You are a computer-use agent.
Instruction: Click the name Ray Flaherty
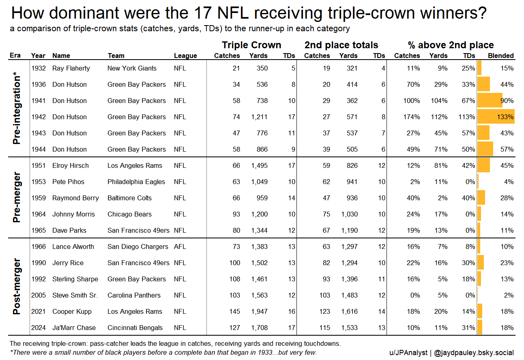[x=71, y=68]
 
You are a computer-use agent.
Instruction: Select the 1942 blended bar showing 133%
[x=496, y=117]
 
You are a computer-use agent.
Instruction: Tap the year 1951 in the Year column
[x=39, y=165]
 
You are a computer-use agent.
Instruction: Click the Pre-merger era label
[x=17, y=197]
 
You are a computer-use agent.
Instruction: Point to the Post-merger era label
[x=17, y=287]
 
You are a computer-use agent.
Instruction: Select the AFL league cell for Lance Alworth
[x=180, y=246]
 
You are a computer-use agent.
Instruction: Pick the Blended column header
[x=500, y=56]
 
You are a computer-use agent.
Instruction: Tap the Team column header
[x=116, y=56]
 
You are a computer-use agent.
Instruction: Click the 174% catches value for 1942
[x=412, y=117]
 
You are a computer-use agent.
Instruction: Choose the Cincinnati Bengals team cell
[x=135, y=328]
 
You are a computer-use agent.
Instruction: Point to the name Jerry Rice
[x=68, y=263]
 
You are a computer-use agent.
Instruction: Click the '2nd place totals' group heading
[x=341, y=45]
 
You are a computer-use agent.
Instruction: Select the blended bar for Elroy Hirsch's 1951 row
[x=483, y=165]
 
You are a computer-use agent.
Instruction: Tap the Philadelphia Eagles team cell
[x=136, y=182]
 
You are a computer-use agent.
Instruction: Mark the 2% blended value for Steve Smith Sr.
[x=509, y=295]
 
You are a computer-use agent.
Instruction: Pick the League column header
[x=185, y=56]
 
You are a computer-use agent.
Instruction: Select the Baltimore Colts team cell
[x=129, y=198]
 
